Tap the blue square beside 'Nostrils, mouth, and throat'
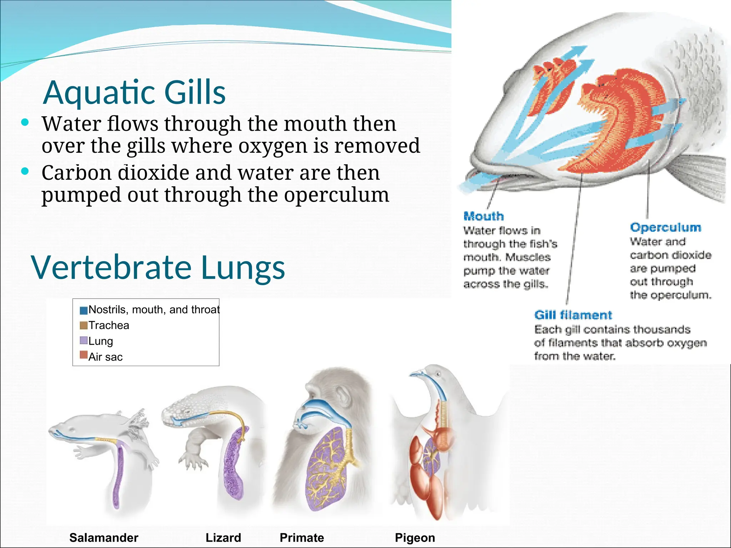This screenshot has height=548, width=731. (84, 310)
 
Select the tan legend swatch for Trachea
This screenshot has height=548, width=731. (84, 325)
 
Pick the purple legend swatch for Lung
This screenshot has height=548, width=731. (84, 341)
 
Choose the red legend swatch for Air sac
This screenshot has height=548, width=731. (84, 355)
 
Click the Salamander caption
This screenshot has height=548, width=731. (104, 537)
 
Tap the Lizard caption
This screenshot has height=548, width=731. (223, 537)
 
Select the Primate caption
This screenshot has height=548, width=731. (302, 537)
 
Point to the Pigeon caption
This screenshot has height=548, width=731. (415, 537)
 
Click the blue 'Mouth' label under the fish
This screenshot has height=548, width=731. (483, 216)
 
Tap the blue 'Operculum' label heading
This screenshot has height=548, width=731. (665, 227)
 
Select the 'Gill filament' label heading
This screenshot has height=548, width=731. (573, 315)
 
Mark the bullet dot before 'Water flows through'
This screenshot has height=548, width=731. (25, 123)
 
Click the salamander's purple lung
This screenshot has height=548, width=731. (118, 475)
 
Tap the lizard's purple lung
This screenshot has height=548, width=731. (234, 464)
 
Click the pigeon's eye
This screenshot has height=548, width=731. (438, 374)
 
